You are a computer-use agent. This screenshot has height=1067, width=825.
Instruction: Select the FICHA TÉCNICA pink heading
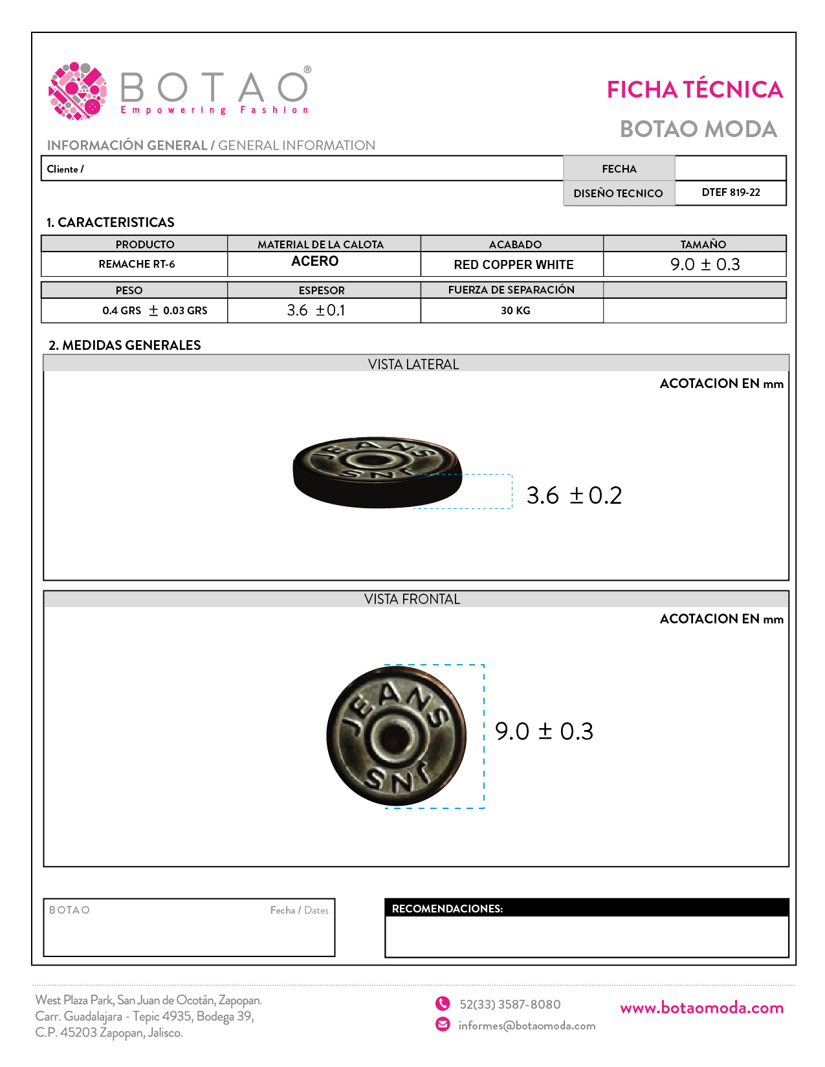(x=694, y=90)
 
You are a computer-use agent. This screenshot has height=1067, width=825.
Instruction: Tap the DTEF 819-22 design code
(x=731, y=193)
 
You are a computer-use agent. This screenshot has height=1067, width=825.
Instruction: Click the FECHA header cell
(x=619, y=169)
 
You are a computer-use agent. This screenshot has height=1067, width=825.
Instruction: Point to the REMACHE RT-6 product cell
(x=137, y=264)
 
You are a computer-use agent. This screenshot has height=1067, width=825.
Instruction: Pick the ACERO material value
(x=315, y=261)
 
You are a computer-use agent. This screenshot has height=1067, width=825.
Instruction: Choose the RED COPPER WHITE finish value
(x=514, y=264)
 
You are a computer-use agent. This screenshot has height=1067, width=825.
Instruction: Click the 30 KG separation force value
(x=515, y=311)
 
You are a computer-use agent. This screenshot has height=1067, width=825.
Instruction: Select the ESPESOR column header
(x=322, y=290)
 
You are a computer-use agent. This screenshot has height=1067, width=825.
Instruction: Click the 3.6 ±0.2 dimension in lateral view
(x=574, y=495)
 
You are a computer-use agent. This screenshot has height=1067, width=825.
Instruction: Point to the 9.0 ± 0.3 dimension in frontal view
(x=544, y=731)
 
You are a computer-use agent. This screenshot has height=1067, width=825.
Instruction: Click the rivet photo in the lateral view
(x=378, y=472)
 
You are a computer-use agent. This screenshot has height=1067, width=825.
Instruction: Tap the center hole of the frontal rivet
(x=394, y=737)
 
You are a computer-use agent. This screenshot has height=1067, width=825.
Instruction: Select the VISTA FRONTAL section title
(x=412, y=599)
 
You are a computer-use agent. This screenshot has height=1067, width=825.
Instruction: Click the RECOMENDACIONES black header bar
(x=586, y=909)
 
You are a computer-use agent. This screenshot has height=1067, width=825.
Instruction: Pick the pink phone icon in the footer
(x=443, y=1004)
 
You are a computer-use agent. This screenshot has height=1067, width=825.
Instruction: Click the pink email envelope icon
(x=443, y=1024)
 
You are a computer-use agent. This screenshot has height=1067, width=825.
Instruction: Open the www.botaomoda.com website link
(x=701, y=1008)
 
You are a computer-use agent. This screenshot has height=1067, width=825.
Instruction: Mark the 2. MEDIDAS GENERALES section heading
(x=125, y=345)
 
